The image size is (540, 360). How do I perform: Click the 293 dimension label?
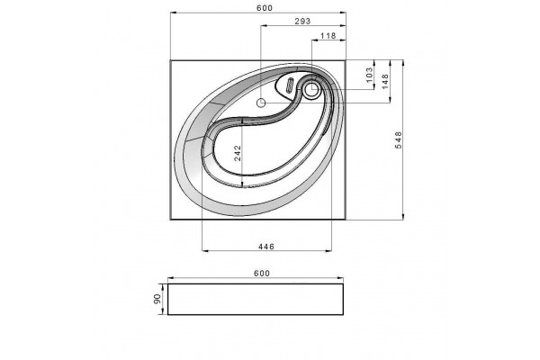(x=302, y=21)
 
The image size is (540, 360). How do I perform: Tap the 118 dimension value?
(x=328, y=36)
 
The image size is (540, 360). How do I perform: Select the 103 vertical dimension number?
(x=369, y=75)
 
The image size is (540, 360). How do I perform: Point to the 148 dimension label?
(x=385, y=81)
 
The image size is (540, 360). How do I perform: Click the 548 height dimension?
(x=398, y=139)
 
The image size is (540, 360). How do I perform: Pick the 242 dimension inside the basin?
(x=238, y=153)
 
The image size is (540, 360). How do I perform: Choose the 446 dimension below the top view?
(x=266, y=247)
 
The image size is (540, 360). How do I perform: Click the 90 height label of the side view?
(x=157, y=299)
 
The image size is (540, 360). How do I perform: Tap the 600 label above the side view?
(x=262, y=274)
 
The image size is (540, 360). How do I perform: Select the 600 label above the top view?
(x=265, y=8)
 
